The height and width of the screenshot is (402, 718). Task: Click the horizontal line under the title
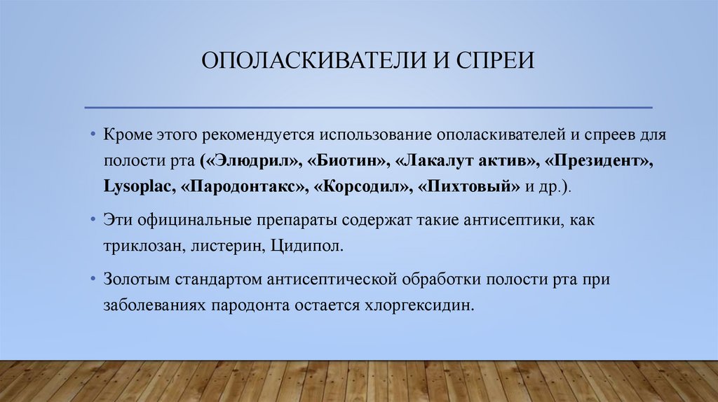(x=368, y=107)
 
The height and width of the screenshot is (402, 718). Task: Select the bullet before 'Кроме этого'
(x=93, y=134)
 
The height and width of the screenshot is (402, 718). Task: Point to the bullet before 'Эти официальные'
(x=93, y=220)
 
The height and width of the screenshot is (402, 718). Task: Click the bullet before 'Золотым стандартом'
(x=93, y=279)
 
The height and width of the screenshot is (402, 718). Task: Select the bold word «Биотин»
(x=346, y=161)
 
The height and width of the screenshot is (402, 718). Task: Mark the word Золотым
(x=137, y=279)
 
